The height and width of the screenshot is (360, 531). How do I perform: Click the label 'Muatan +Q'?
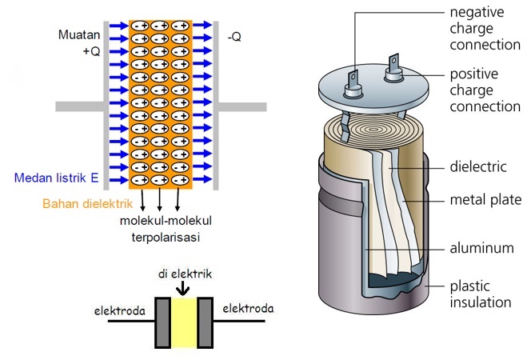79,43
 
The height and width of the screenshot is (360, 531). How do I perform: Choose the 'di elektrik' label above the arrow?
184,273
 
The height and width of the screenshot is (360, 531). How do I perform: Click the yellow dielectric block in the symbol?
184,322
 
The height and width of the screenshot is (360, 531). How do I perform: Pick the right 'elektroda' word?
248,308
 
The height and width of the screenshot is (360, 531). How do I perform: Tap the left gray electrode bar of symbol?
162,322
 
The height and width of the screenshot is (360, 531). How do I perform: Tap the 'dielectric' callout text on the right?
477,167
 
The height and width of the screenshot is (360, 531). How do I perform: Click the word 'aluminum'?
480,248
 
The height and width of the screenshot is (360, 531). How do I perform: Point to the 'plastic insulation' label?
479,294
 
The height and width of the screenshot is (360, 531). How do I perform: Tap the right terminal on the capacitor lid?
393,67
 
